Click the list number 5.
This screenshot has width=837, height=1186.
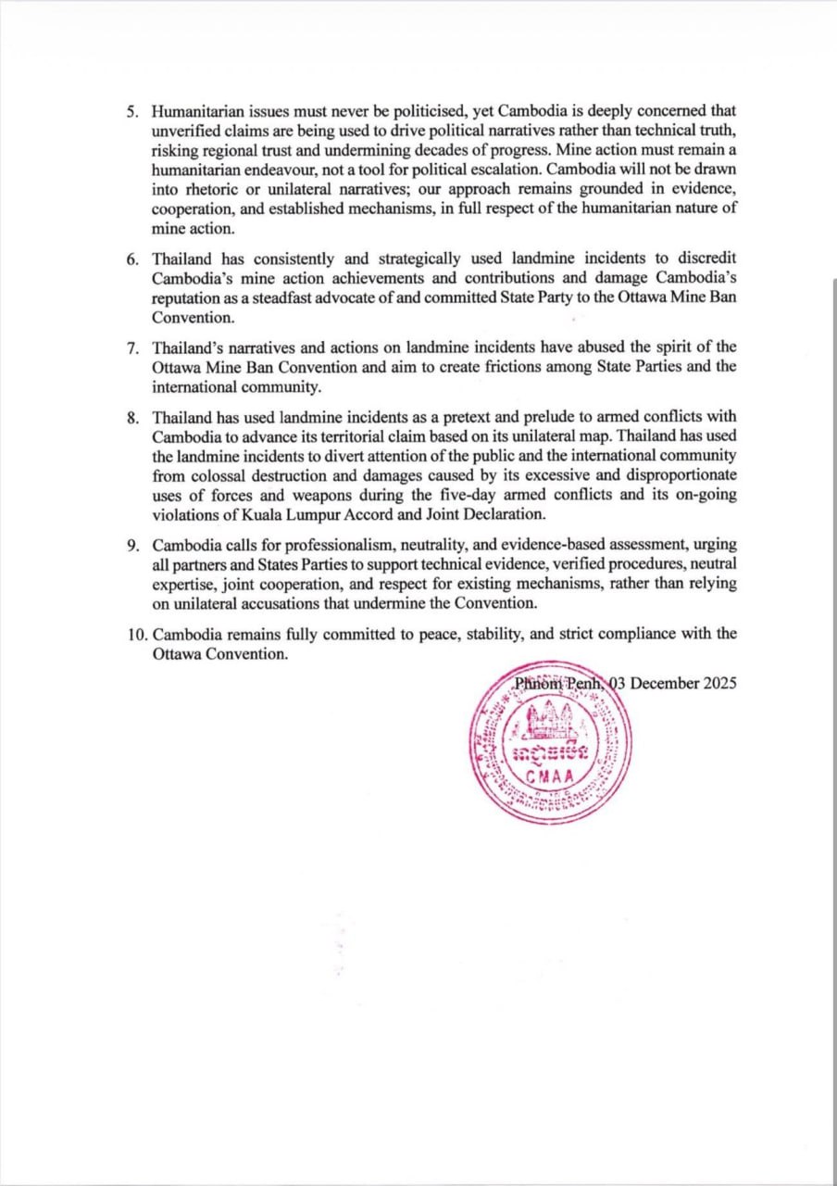pos(132,109)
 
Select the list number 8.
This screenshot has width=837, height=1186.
pos(132,417)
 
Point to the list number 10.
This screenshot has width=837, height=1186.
pos(136,634)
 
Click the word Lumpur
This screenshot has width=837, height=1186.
pos(333,515)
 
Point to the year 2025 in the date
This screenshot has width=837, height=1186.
pos(718,683)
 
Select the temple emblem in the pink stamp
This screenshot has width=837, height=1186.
pos(552,718)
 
